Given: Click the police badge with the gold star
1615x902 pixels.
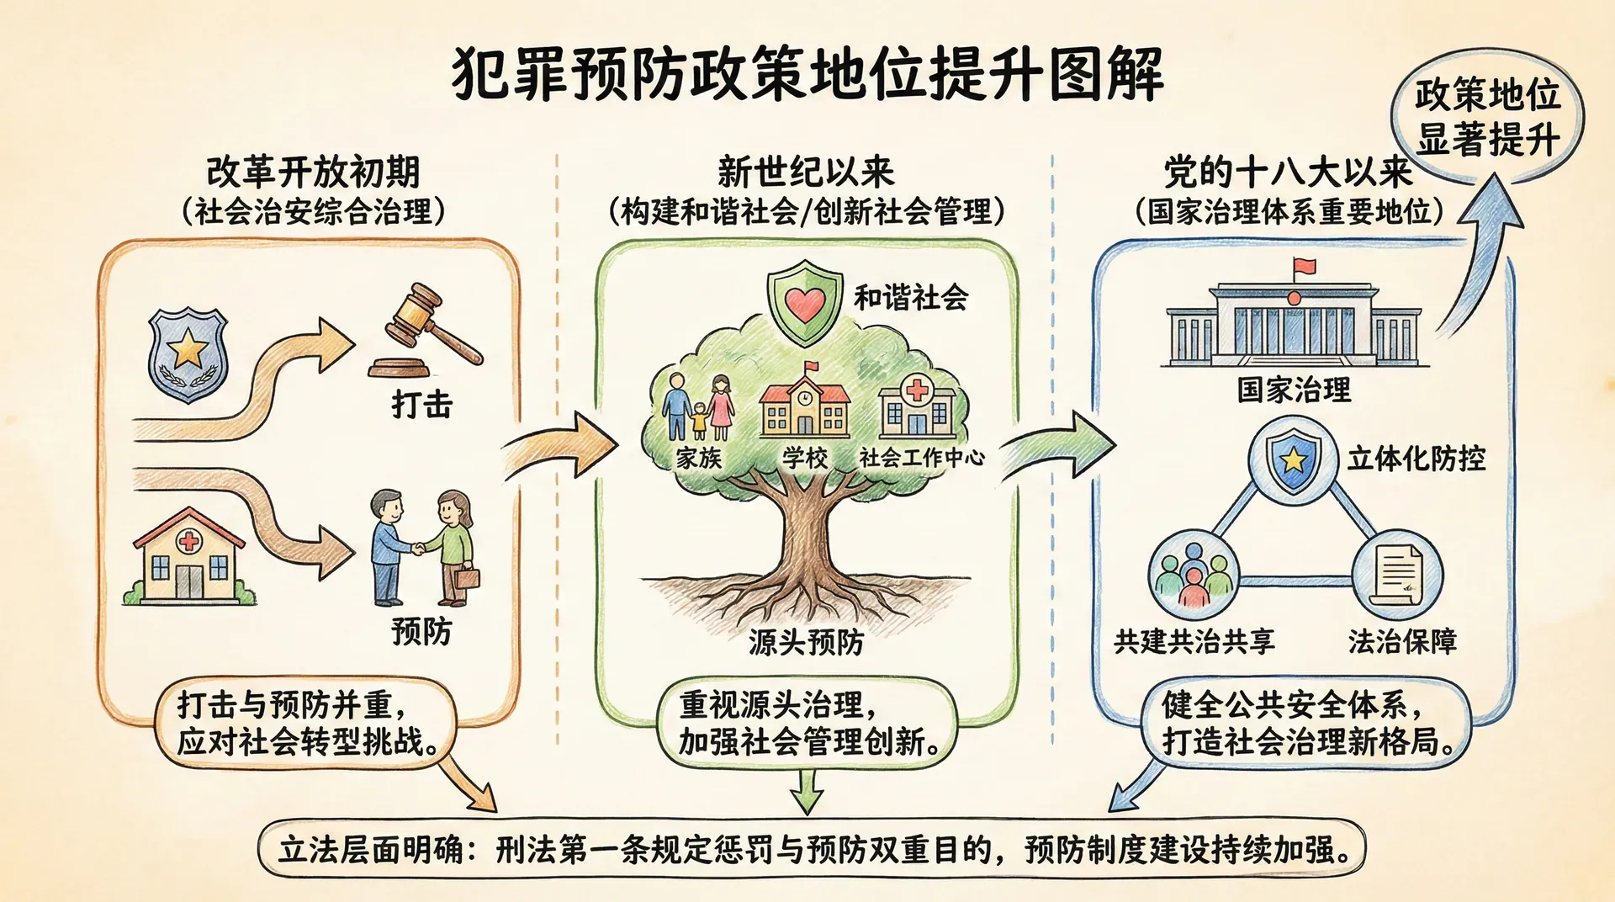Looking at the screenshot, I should [188, 354].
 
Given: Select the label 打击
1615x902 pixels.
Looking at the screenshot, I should [422, 405].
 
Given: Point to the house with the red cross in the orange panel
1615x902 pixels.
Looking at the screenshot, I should [190, 556].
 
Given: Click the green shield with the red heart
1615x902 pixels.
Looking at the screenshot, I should [805, 302].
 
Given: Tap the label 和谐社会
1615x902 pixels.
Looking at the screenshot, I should [911, 297].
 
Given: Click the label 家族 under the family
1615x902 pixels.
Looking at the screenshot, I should [699, 458].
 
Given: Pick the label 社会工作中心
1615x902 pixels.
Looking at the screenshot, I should [921, 457].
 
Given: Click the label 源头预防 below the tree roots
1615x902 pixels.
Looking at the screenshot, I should [806, 642].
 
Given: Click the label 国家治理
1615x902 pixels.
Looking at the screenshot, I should [1294, 390].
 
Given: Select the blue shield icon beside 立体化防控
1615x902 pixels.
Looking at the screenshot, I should [1292, 461].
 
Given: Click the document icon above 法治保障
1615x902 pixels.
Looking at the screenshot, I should [1397, 576].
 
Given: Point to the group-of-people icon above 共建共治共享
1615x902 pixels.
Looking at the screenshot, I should [1193, 576].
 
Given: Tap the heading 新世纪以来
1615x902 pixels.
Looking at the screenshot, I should [805, 172].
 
